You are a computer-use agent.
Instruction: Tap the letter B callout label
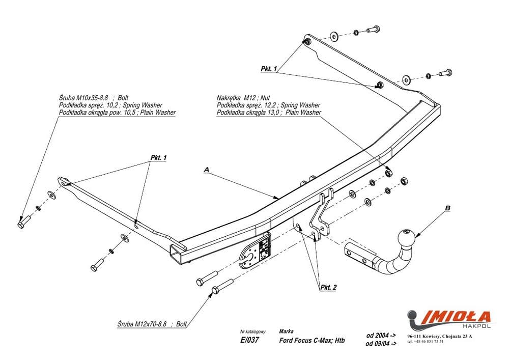coord(447,207)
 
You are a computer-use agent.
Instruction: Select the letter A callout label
coord(206,169)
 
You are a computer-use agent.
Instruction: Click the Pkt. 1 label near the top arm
coord(268,68)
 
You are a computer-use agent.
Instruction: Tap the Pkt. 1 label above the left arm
coord(159,158)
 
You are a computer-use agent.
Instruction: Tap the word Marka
coord(286,330)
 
